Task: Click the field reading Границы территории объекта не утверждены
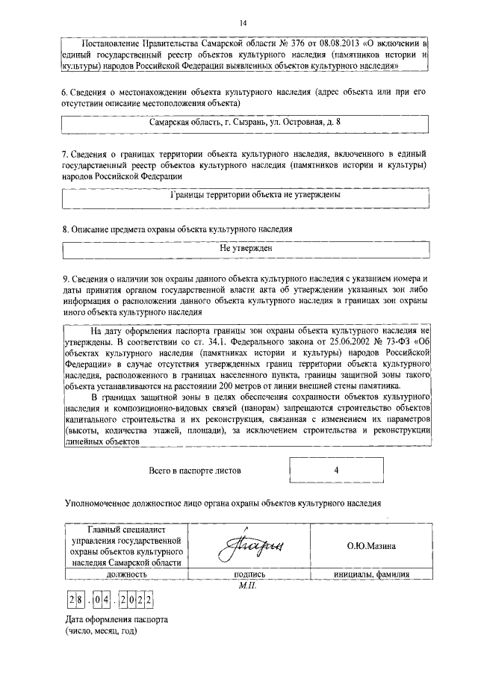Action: (245, 195)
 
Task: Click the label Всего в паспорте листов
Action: (196, 471)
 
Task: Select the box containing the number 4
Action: (337, 471)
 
